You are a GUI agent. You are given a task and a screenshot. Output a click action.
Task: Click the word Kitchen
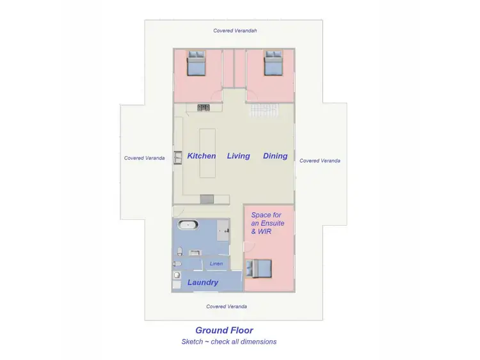(x=201, y=156)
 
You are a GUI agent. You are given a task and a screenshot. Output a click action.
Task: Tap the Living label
(x=238, y=156)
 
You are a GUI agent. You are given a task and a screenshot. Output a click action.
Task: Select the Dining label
(x=275, y=156)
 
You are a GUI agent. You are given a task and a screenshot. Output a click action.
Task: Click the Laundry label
(x=203, y=282)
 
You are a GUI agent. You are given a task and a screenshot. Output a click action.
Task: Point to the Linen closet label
(x=216, y=264)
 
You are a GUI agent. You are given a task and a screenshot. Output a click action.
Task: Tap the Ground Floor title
(x=224, y=331)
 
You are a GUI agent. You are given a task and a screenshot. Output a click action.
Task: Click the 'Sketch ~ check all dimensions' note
(x=228, y=342)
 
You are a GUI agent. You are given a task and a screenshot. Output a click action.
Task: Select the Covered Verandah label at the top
(x=235, y=31)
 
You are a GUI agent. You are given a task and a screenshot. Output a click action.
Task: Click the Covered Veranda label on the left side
(x=144, y=158)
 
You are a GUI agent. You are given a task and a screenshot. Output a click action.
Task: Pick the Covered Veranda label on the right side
(x=320, y=160)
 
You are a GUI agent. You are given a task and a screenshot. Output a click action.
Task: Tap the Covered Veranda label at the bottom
(x=227, y=306)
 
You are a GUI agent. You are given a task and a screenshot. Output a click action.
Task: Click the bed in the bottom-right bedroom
(x=259, y=269)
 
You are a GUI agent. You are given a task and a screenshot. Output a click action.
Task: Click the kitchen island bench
(x=208, y=153)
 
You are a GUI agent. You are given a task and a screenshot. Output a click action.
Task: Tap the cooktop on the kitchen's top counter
(x=204, y=107)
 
